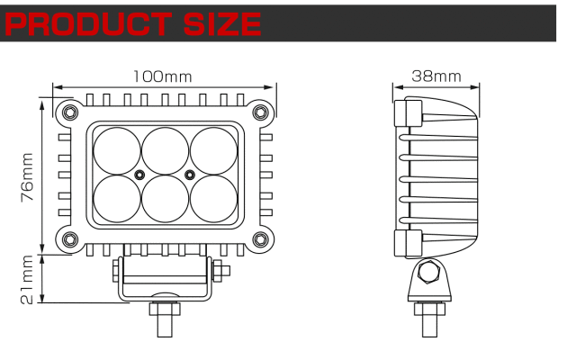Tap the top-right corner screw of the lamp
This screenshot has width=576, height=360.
point(260,112)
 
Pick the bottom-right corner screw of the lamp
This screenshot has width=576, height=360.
point(260,239)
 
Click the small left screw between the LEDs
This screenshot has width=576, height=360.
point(139,172)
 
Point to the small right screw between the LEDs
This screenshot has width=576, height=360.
point(189,172)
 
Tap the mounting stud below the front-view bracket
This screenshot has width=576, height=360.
point(164,320)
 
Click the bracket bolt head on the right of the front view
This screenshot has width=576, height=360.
point(221,270)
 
